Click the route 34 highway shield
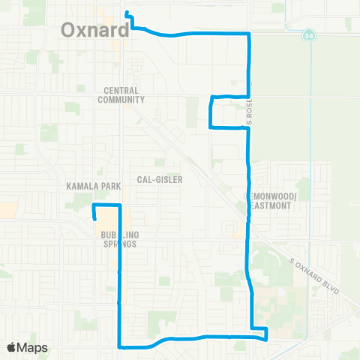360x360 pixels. (309, 35)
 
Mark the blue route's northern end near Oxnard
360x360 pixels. (127, 13)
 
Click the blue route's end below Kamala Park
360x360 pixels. (95, 218)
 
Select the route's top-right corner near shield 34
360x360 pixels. (248, 34)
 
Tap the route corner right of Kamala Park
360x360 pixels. (120, 205)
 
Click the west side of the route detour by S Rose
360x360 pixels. (210, 112)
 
